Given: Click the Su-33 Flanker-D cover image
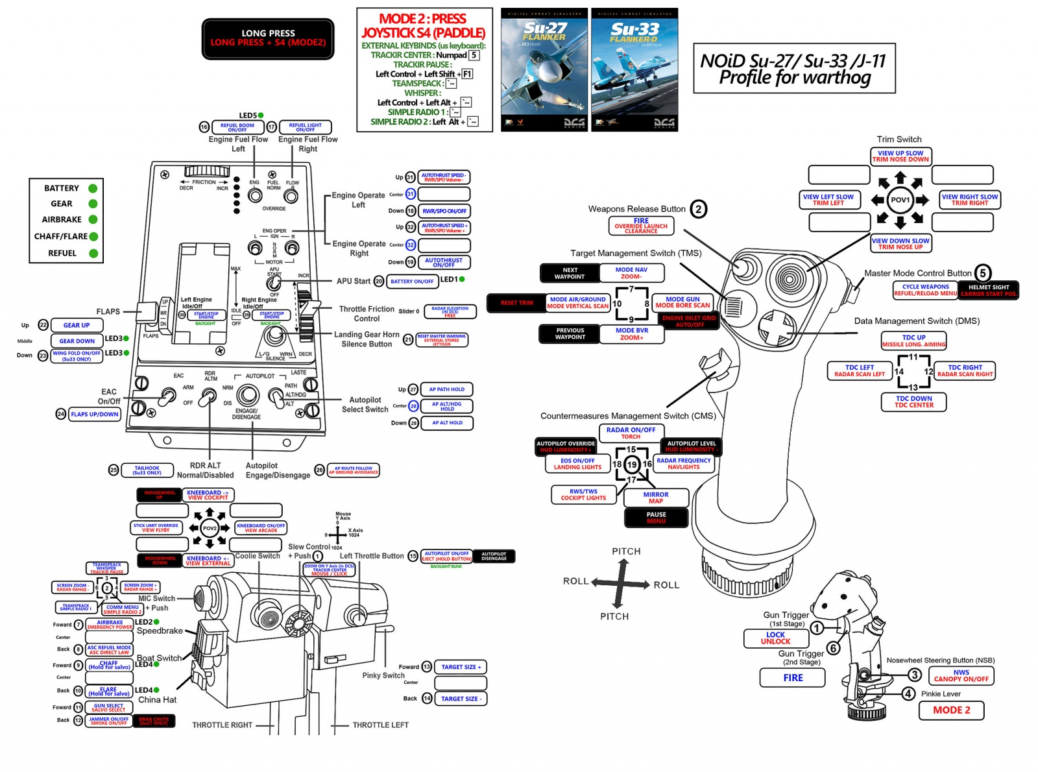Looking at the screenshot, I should tap(634, 69).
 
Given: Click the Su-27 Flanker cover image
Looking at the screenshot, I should tap(544, 69).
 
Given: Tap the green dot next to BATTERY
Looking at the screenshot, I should tap(93, 188).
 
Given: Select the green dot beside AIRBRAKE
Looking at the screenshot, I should tap(93, 220).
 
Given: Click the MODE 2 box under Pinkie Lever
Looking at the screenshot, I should tap(951, 710).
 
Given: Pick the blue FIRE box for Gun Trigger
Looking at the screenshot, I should tap(792, 678).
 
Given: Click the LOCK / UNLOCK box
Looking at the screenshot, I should tap(775, 638).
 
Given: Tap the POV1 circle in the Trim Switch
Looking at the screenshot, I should tap(900, 200).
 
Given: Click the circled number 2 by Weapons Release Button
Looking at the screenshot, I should tap(698, 209).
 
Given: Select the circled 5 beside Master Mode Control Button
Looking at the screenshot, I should tap(982, 273).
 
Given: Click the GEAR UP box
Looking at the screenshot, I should tap(77, 326).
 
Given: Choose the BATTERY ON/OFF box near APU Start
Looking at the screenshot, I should tap(412, 282).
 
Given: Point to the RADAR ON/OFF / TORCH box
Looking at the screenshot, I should tap(631, 433).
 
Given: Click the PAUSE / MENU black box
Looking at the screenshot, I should tap(656, 518).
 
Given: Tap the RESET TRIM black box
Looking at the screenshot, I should tap(516, 303).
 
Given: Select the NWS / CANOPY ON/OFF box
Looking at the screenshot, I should tap(961, 676).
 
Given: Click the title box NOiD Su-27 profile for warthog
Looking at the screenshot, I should tap(794, 69).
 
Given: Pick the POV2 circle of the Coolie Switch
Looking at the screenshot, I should tap(210, 528).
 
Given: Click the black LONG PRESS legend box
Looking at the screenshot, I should tap(268, 38).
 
